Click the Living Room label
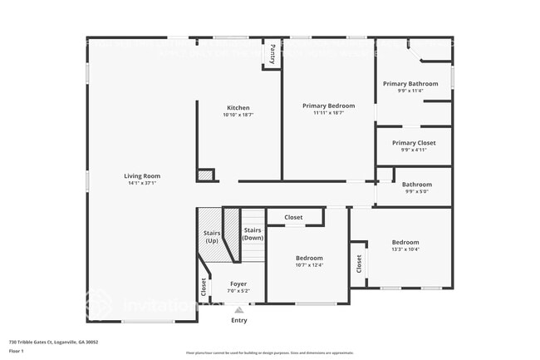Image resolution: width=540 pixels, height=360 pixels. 142,175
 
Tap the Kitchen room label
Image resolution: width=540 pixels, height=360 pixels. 238,107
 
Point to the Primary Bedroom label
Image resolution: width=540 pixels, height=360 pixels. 328,106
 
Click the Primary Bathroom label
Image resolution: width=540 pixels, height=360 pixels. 410,83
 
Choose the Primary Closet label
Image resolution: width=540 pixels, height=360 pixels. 414,143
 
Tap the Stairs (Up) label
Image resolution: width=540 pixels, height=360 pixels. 212,237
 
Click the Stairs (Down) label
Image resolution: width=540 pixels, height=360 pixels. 253,234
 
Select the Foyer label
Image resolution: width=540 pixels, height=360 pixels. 238,284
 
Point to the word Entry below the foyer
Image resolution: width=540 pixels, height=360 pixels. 238,320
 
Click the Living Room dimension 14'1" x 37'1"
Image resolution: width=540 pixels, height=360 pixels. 142,183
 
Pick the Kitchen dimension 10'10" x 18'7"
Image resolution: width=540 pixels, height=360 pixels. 238,115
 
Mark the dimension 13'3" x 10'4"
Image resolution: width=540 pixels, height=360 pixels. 405,249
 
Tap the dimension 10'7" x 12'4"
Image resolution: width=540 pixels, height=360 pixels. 309,265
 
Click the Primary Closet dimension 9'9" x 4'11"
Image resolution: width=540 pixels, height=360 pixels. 414,150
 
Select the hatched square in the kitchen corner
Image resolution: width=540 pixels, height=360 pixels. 204,175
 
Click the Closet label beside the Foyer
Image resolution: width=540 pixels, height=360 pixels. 204,287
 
